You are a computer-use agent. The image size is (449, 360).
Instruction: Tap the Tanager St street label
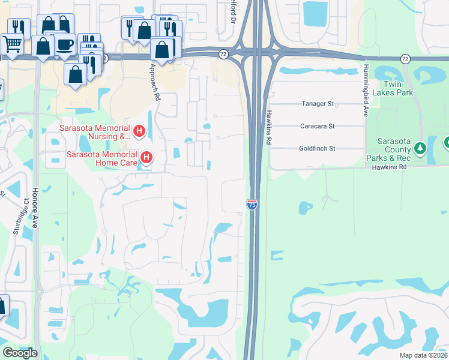(x=318, y=104)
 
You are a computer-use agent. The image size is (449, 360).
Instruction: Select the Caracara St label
(x=318, y=127)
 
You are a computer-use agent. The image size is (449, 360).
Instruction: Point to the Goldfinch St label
(x=317, y=148)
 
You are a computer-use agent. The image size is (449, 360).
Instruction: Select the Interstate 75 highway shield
(x=252, y=205)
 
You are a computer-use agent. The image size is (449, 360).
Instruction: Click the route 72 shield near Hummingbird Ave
(x=405, y=58)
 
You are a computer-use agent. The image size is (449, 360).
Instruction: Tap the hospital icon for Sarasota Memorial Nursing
(x=139, y=131)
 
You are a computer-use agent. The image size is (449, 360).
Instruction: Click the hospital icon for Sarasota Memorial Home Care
(x=146, y=158)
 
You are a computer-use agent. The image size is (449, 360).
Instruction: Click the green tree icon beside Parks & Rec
(x=420, y=148)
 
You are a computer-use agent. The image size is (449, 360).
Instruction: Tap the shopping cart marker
(x=11, y=44)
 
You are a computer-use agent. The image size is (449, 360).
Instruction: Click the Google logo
(x=20, y=353)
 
